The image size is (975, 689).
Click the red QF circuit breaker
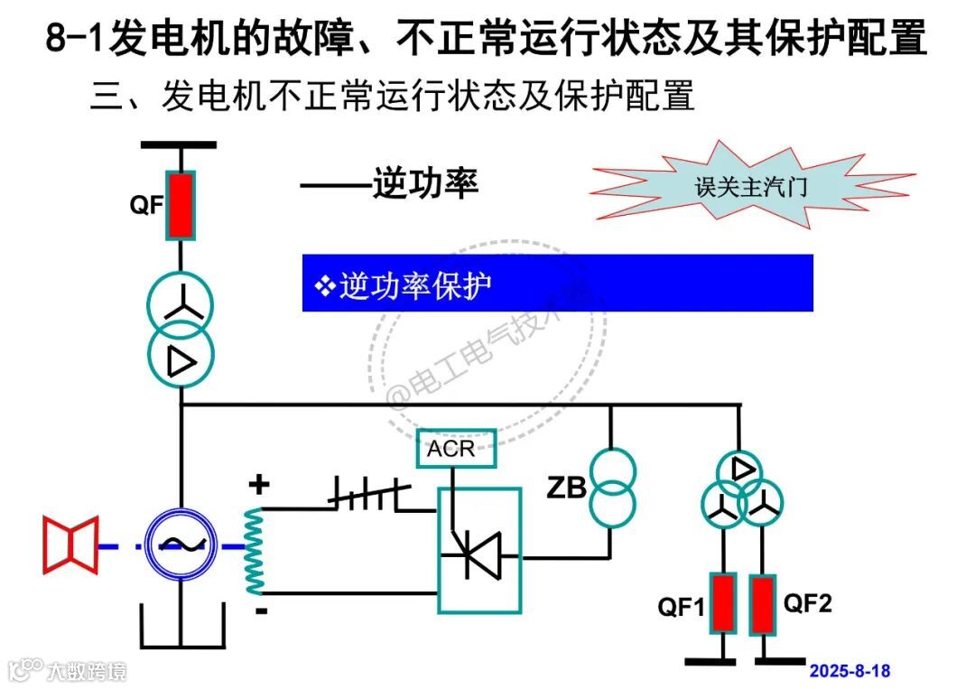click(181, 206)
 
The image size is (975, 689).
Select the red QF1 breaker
click(722, 603)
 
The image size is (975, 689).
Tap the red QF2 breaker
click(764, 603)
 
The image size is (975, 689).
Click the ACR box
click(456, 449)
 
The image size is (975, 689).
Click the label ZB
click(566, 489)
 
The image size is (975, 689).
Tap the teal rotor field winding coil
click(255, 550)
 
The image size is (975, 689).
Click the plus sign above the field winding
click(259, 485)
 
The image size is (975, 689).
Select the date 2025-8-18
click(850, 671)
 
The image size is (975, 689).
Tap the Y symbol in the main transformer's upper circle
click(181, 307)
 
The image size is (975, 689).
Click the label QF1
click(681, 608)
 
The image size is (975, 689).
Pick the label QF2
click(807, 603)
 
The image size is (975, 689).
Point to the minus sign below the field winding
click(261, 611)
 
